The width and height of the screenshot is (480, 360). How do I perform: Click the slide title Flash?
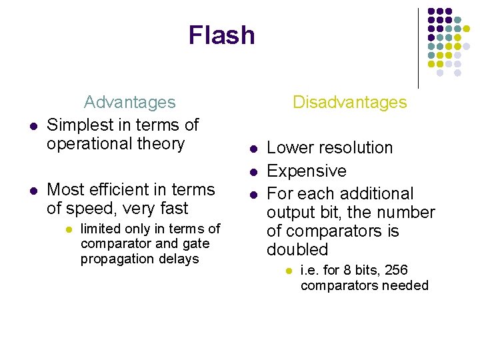coord(221,35)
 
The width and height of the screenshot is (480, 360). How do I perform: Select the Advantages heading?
coord(129,102)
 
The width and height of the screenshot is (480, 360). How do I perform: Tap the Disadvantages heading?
coord(349,102)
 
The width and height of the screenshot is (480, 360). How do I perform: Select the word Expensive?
coord(307,171)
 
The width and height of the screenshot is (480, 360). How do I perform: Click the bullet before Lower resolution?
coord(253,149)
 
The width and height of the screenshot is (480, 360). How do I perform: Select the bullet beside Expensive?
coord(253,172)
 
